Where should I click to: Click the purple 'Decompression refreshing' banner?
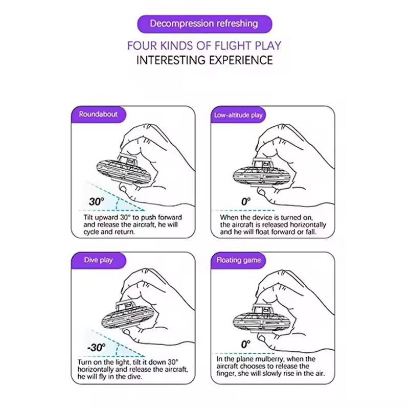[204, 24]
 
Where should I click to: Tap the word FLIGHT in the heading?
[230, 46]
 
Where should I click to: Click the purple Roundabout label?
[98, 114]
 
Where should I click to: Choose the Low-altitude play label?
[238, 115]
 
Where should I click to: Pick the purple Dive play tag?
[98, 260]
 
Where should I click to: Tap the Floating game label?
[238, 260]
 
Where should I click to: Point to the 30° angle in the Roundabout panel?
[97, 201]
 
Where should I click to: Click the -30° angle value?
[96, 348]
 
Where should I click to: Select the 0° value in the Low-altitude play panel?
[246, 201]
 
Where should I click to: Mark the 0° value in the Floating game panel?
[246, 344]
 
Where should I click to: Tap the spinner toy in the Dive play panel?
[128, 316]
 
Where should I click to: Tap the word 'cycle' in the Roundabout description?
[91, 232]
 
